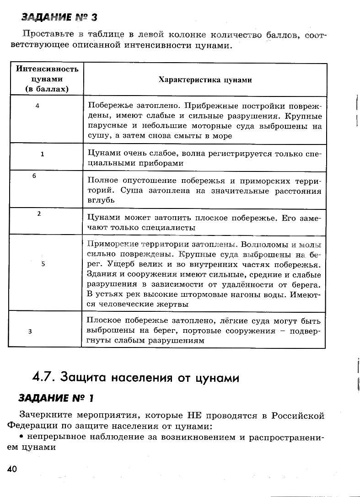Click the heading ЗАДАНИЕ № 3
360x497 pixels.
[x=59, y=18]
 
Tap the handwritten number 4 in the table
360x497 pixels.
[x=37, y=106]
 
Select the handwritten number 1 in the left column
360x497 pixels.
[x=42, y=155]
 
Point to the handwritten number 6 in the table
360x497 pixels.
[x=34, y=176]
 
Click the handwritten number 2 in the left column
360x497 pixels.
[x=39, y=214]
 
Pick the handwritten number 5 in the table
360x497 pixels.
[x=43, y=264]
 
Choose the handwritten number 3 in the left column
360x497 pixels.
[x=30, y=331]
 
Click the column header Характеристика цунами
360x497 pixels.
[x=205, y=80]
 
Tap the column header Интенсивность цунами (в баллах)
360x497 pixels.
[x=47, y=79]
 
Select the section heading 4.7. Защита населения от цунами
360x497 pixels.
[x=136, y=378]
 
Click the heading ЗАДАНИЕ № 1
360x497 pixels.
[x=56, y=398]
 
